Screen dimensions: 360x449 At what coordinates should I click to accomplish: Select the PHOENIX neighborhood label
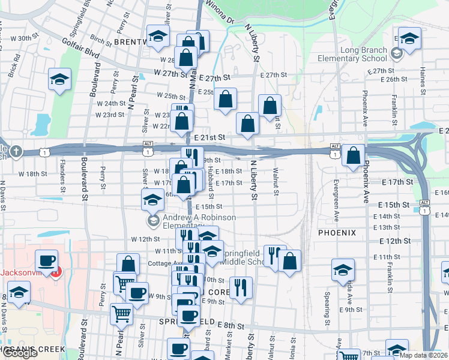point(337,232)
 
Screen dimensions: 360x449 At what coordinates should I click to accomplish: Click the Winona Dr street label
point(219,11)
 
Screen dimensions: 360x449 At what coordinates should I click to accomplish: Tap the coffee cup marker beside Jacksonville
point(47,261)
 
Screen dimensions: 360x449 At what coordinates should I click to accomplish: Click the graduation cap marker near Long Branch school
point(409,38)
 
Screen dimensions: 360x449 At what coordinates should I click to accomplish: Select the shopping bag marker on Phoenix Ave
point(354,154)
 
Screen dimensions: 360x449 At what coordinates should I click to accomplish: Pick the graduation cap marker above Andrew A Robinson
point(153,198)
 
